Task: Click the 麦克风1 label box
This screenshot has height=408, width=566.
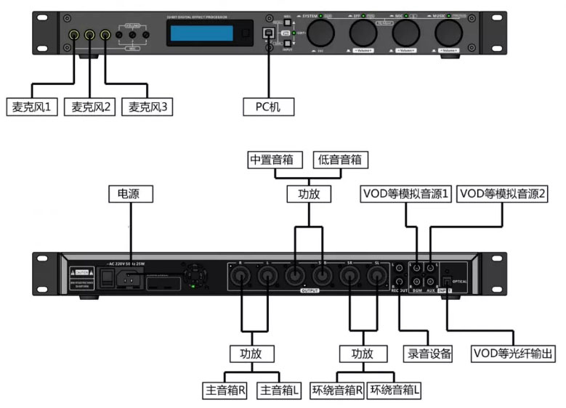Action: [x=30, y=107]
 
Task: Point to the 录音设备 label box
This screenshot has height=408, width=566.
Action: [x=427, y=354]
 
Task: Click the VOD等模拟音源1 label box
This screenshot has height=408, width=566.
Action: [x=406, y=194]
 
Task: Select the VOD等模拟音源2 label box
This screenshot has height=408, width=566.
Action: [x=503, y=194]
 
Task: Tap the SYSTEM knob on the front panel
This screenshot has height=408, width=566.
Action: [x=319, y=33]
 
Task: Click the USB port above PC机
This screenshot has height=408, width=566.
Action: [x=269, y=33]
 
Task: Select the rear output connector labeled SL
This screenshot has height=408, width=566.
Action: [x=376, y=275]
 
